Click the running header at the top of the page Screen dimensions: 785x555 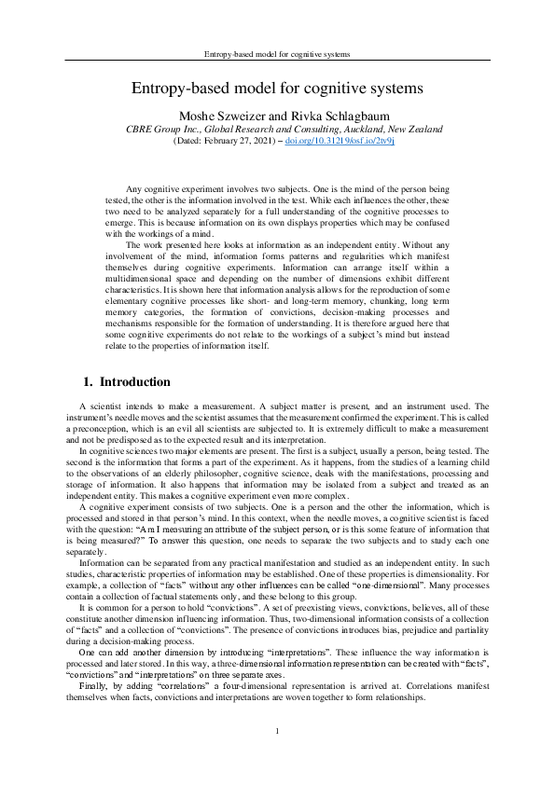point(277,55)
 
